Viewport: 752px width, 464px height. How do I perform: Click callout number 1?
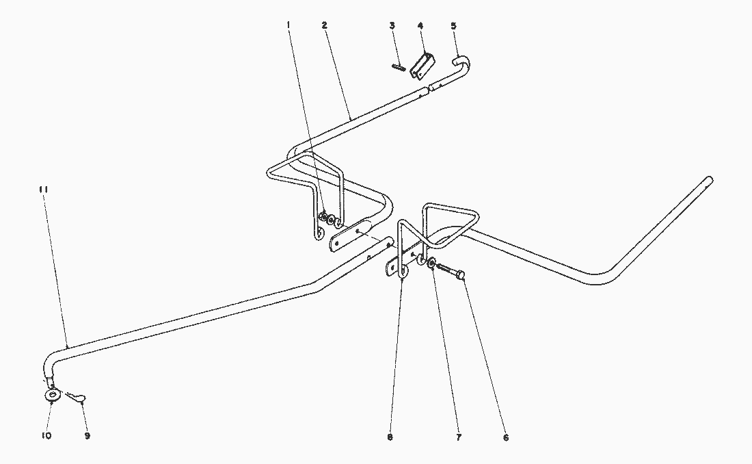coord(288,25)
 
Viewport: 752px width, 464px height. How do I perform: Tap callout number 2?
coord(325,25)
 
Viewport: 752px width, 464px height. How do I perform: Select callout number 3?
coord(392,25)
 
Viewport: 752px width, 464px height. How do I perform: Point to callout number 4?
coord(420,25)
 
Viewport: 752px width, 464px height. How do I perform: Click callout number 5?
coord(454,25)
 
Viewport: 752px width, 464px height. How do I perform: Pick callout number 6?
coord(506,437)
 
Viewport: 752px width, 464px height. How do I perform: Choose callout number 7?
coord(459,437)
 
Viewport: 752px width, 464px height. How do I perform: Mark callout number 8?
coord(390,437)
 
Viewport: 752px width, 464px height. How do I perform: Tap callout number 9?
coord(88,436)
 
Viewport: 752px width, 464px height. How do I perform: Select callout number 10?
coord(46,436)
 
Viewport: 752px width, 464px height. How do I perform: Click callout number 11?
coord(44,190)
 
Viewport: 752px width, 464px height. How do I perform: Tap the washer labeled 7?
coord(431,263)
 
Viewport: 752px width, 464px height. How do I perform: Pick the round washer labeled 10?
coord(52,396)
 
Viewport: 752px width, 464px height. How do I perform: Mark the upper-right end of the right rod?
coord(709,180)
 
